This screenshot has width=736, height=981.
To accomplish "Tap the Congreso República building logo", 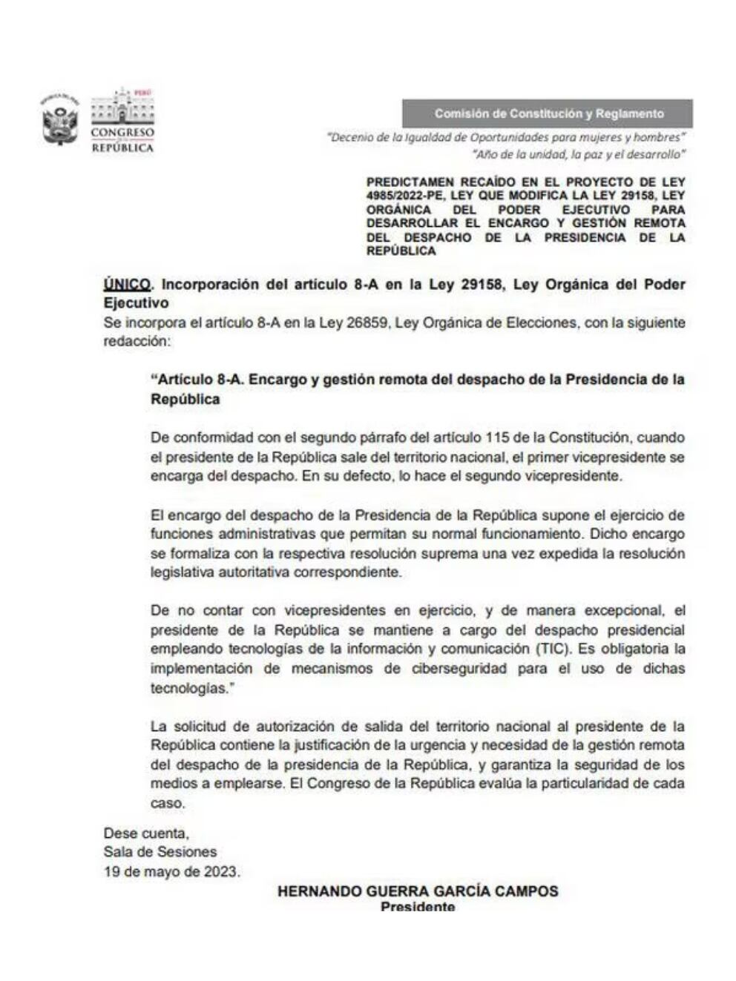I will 122,120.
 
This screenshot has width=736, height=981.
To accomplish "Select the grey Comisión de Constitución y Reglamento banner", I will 548,113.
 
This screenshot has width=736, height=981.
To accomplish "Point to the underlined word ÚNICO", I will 128,284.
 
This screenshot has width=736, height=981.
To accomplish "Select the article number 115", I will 497,437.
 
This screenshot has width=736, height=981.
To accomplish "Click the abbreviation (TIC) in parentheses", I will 553,649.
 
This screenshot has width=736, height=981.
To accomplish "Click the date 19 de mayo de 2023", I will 172,871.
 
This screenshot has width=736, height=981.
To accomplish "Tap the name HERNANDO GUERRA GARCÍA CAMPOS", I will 418,891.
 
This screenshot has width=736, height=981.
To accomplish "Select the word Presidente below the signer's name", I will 418,906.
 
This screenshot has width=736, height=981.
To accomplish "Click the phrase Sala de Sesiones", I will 160,852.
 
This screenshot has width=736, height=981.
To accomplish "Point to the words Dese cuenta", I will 146,833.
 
